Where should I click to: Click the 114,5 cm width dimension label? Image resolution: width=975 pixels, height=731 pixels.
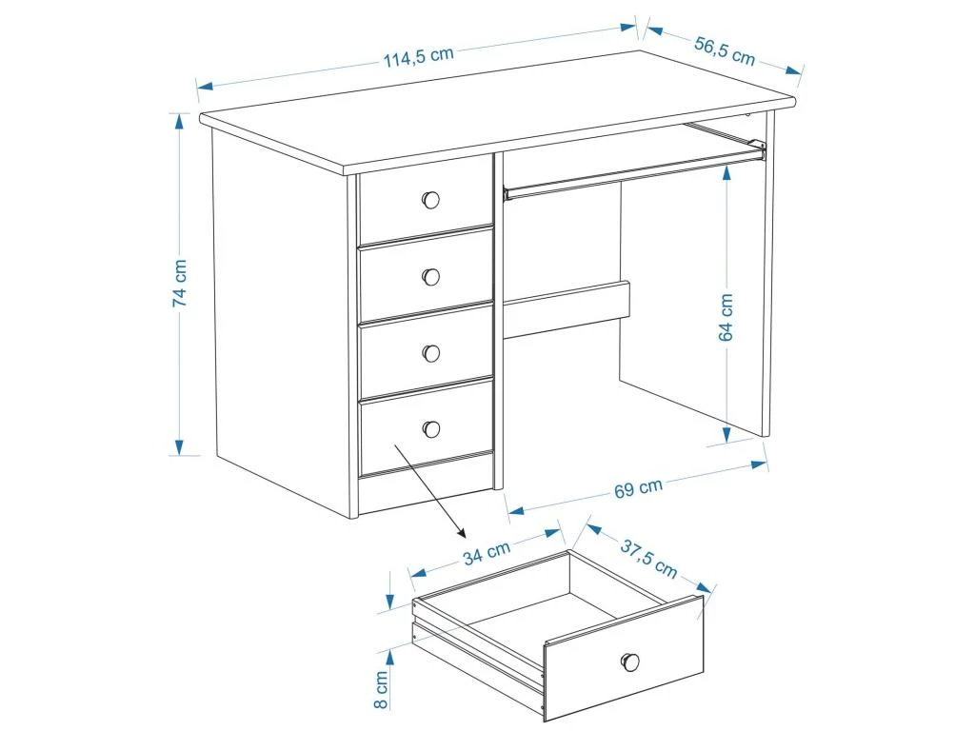click(418, 56)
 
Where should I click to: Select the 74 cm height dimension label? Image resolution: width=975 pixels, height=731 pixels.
click(179, 283)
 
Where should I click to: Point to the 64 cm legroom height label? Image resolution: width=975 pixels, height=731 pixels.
click(726, 316)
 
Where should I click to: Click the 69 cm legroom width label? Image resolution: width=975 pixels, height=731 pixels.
click(638, 489)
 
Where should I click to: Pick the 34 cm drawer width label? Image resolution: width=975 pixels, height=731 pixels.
click(487, 553)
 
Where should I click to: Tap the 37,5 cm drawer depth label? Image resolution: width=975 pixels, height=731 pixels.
click(649, 560)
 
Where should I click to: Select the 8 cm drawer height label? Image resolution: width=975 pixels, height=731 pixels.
click(381, 689)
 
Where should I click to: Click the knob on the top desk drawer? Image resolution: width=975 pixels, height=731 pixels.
click(430, 200)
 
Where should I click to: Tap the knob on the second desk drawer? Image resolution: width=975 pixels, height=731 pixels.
click(430, 276)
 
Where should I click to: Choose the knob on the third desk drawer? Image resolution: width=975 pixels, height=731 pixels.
click(430, 353)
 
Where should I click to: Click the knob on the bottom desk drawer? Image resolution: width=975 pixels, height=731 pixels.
click(431, 428)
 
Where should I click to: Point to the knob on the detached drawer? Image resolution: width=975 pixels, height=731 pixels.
click(629, 662)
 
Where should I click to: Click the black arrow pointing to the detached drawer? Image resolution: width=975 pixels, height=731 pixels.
click(428, 490)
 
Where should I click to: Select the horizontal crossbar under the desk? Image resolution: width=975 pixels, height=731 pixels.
click(567, 310)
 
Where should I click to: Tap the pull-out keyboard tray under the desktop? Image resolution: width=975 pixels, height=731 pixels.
click(633, 171)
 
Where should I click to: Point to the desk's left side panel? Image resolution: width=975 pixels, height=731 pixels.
click(281, 324)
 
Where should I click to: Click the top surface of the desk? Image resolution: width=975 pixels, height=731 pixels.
click(495, 114)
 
